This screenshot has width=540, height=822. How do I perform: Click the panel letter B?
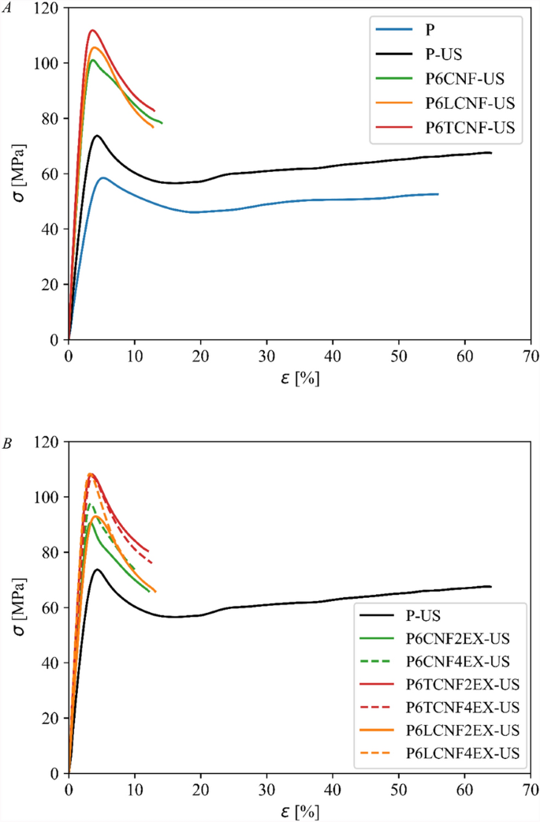tap(7, 444)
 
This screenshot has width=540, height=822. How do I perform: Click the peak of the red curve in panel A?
tap(92, 31)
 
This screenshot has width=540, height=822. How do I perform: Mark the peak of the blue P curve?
tap(102, 177)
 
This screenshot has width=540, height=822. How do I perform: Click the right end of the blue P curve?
tap(438, 194)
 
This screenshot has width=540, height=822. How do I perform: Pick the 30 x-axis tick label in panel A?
tap(266, 356)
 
